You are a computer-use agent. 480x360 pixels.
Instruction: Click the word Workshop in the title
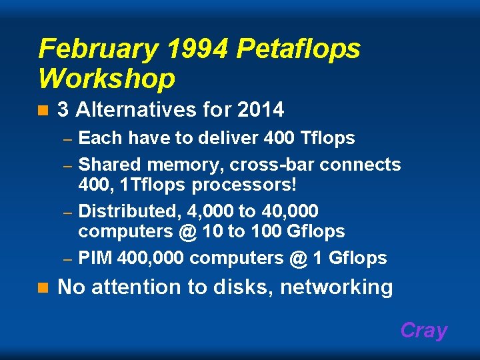click(x=107, y=79)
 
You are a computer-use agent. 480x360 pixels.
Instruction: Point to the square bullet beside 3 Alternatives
click(x=43, y=109)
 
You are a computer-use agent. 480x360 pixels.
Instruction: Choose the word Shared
click(x=111, y=164)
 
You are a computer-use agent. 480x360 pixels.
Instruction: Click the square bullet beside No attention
click(x=43, y=288)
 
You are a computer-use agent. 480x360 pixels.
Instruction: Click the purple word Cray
click(x=424, y=331)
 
